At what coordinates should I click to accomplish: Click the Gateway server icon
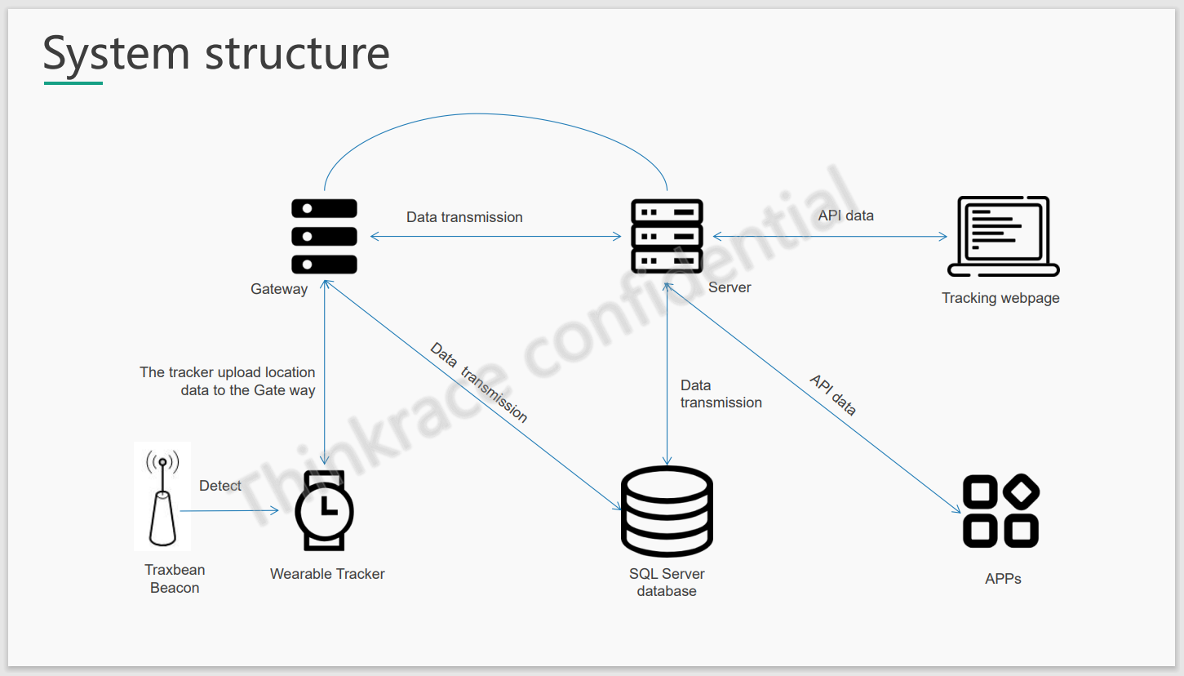324,236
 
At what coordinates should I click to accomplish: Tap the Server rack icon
667,236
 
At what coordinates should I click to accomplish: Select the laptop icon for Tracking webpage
1003,237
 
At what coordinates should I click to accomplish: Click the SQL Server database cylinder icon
667,511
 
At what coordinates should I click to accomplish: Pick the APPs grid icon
1000,510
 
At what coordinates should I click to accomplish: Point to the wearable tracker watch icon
324,510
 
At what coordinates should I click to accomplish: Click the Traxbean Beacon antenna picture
162,496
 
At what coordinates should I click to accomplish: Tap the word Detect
220,486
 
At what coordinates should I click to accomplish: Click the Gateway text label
279,289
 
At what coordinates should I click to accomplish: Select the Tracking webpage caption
1000,298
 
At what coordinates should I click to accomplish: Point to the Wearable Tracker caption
327,574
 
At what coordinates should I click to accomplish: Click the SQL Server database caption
667,582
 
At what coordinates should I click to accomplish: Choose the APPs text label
1003,579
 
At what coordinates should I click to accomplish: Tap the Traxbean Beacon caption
175,579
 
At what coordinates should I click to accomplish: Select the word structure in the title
297,53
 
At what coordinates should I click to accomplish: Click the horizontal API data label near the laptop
845,216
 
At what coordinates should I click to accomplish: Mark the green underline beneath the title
73,82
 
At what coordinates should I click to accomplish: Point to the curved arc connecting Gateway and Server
495,113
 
